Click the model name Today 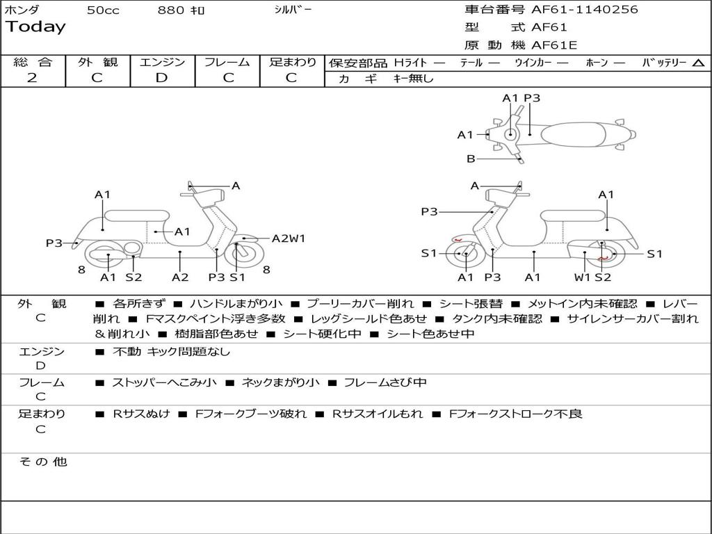35,27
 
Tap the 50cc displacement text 103,10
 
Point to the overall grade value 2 32,78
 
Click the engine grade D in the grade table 161,78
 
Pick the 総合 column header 33,62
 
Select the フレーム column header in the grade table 227,62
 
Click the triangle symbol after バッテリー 699,63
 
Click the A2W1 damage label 288,238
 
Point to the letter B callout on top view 471,159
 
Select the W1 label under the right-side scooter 582,277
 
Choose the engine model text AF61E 554,45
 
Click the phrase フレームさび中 385,382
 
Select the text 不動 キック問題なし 171,352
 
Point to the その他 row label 42,462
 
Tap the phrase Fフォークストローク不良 515,414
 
